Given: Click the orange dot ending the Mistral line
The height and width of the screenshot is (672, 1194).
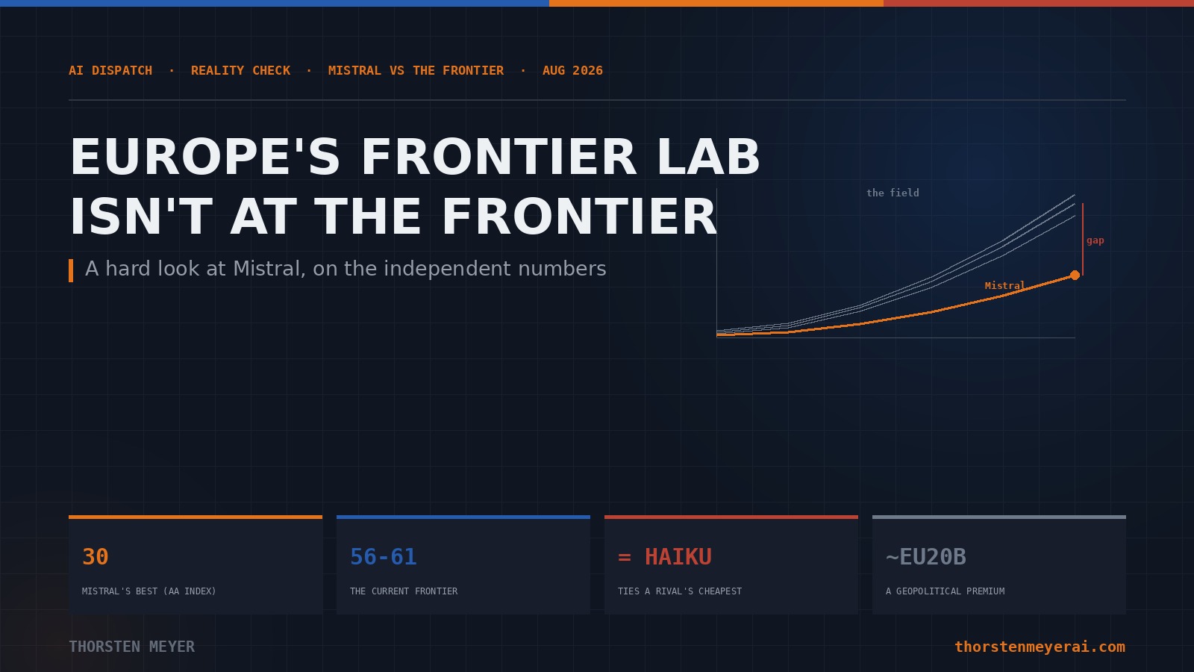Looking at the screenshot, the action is tap(1075, 276).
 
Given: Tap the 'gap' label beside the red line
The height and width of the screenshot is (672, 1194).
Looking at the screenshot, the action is tap(1095, 240).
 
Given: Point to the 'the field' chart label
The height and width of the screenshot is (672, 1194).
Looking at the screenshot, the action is tap(893, 193).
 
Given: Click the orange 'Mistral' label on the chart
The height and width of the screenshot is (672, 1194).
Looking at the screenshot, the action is tap(1004, 286).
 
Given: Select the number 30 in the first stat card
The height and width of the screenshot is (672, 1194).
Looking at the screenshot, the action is tap(96, 557).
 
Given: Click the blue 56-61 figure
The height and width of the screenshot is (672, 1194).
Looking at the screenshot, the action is tap(383, 557).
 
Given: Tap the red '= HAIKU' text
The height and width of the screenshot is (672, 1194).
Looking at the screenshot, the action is tap(665, 557).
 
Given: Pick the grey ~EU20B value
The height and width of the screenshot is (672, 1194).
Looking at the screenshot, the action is tap(926, 557).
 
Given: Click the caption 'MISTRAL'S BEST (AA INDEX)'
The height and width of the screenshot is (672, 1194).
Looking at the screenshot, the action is tap(149, 591).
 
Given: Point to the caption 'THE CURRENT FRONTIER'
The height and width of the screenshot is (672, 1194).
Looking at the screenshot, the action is tap(404, 591).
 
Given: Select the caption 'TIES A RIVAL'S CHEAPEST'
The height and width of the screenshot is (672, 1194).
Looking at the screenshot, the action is tap(680, 591).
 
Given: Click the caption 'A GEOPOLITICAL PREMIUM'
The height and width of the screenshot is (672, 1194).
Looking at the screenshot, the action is tap(945, 591).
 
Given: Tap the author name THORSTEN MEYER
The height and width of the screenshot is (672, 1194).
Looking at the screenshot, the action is tap(131, 647).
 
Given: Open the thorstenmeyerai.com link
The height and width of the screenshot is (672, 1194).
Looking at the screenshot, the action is tap(1040, 647).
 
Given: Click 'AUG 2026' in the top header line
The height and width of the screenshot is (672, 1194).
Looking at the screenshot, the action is tap(572, 70).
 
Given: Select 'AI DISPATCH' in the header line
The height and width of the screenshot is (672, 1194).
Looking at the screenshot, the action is tap(110, 70).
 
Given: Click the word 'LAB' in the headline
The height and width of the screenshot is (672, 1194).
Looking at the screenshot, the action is tap(708, 157).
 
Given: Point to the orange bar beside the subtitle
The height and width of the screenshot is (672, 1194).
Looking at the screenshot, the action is tap(71, 270).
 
